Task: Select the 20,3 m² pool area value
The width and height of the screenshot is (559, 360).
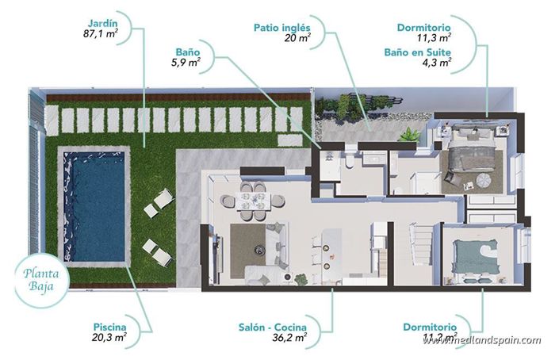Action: (109, 337)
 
